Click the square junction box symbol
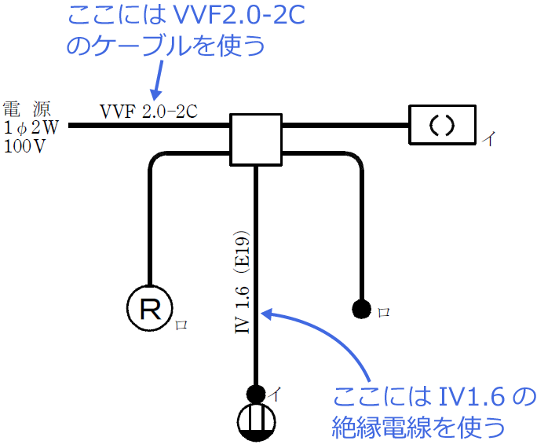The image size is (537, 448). pyautogui.click(x=255, y=139)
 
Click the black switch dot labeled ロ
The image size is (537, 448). pyautogui.click(x=361, y=309)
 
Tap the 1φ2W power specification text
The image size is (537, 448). pyautogui.click(x=27, y=127)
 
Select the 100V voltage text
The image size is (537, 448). pyautogui.click(x=24, y=145)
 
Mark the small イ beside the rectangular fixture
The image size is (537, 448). pyautogui.click(x=488, y=141)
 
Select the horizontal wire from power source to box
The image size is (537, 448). pyautogui.click(x=149, y=125)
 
